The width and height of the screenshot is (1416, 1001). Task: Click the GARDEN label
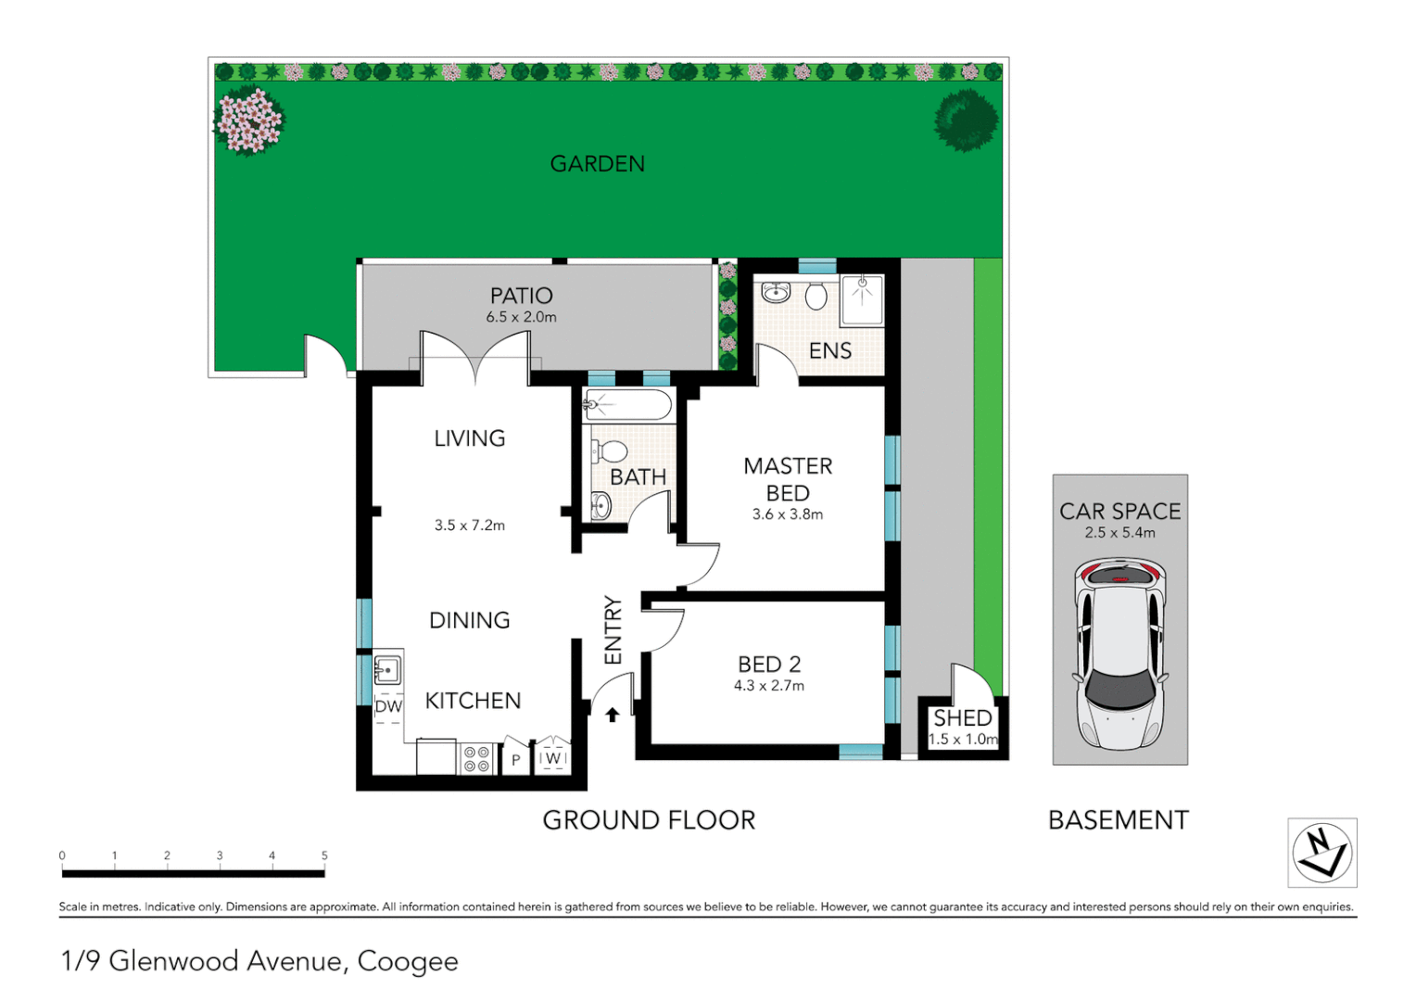[597, 164]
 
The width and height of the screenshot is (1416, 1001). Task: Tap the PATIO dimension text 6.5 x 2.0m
[521, 317]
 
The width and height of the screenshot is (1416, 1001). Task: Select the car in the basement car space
[1119, 653]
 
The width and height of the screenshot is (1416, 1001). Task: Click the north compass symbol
[1322, 853]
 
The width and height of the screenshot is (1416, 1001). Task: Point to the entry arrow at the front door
[612, 715]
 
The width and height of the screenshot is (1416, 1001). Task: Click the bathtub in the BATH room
[627, 405]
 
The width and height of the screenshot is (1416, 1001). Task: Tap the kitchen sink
[386, 669]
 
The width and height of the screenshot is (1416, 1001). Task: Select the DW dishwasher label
[388, 706]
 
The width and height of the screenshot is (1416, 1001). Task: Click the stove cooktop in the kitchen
[476, 759]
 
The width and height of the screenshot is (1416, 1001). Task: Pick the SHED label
[962, 718]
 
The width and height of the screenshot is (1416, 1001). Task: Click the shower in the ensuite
[862, 298]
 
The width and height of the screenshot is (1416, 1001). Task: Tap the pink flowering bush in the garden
[248, 120]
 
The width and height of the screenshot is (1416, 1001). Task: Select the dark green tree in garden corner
[966, 120]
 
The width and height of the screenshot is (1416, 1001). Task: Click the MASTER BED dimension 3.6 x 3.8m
[788, 514]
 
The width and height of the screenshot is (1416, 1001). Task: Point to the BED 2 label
[769, 665]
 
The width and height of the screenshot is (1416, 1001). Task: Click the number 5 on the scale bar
[324, 855]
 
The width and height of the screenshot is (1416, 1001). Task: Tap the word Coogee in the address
[408, 961]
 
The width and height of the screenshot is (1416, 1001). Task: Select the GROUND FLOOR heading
[649, 820]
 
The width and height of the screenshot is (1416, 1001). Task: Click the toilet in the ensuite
[815, 296]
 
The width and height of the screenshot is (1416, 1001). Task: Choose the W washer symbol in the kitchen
[553, 757]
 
